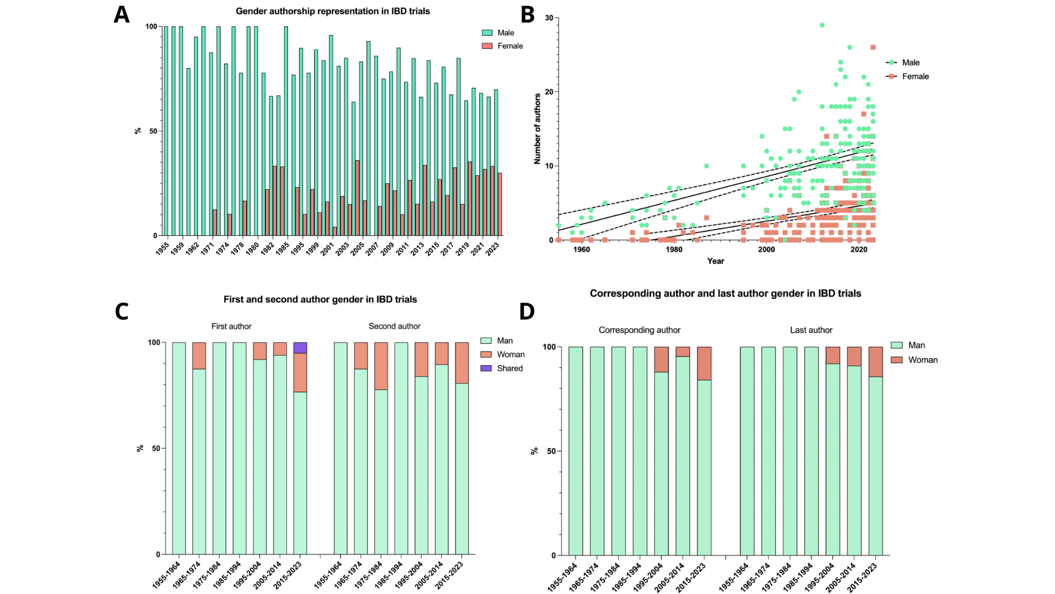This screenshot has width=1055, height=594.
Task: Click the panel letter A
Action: [121, 15]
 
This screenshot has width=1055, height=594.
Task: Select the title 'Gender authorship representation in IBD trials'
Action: [332, 11]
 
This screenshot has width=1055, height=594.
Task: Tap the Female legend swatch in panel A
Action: [487, 46]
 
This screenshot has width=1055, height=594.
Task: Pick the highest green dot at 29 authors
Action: [822, 25]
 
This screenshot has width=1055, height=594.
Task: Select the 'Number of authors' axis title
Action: [537, 129]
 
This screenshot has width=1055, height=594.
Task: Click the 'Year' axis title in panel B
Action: [715, 261]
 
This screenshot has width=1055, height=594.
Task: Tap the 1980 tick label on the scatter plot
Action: [674, 250]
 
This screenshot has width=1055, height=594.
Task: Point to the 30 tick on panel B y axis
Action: [549, 18]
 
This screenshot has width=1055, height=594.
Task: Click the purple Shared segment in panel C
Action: [300, 348]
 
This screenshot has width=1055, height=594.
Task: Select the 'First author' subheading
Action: [231, 327]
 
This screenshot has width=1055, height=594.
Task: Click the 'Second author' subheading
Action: [395, 327]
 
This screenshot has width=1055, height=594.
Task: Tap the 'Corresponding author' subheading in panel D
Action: [640, 330]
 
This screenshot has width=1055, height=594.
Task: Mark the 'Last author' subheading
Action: [811, 330]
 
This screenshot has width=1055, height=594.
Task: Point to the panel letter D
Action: [526, 311]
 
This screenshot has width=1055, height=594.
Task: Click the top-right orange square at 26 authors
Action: [873, 47]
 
